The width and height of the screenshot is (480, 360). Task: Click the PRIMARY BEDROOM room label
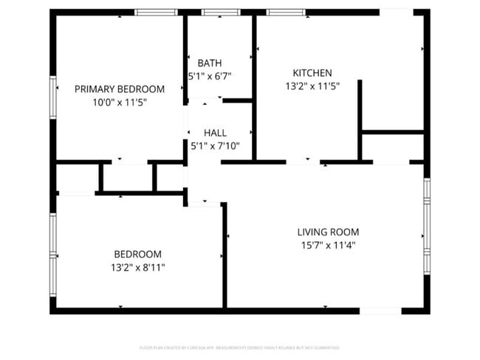pyautogui.click(x=120, y=89)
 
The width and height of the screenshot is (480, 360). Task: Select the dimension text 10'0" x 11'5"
pyautogui.click(x=120, y=103)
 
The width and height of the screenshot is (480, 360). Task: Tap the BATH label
pyautogui.click(x=209, y=63)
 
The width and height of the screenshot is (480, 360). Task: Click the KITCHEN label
pyautogui.click(x=312, y=73)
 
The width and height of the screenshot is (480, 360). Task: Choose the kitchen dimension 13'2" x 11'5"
pyautogui.click(x=312, y=86)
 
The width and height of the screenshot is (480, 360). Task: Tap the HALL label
pyautogui.click(x=215, y=133)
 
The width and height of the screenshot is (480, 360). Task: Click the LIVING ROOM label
pyautogui.click(x=328, y=231)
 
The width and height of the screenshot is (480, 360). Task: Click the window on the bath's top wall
pyautogui.click(x=215, y=12)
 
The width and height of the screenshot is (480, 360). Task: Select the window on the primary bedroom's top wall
pyautogui.click(x=156, y=12)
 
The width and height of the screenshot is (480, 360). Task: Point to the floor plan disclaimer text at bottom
pyautogui.click(x=239, y=347)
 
